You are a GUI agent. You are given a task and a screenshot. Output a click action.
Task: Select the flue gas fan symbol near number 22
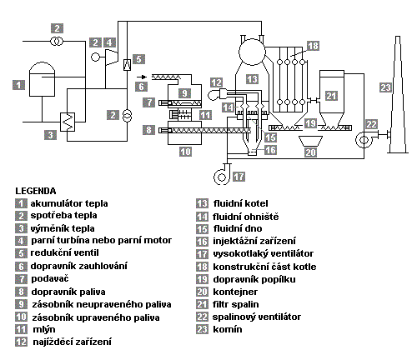(364, 139)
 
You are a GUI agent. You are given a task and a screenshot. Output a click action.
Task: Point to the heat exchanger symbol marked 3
(68, 122)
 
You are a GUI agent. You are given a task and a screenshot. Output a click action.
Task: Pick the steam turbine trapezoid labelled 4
(112, 57)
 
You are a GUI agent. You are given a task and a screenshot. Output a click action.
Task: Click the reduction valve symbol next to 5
(127, 65)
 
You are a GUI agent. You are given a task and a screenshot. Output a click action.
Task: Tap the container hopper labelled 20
(310, 141)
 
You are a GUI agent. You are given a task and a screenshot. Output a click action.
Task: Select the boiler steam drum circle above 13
(252, 52)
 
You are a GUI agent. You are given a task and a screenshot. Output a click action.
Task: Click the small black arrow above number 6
(142, 77)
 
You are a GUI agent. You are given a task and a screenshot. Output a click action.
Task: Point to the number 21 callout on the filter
(331, 96)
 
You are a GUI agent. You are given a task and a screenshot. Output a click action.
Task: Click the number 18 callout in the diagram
(313, 46)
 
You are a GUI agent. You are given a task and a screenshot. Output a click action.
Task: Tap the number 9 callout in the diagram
(184, 93)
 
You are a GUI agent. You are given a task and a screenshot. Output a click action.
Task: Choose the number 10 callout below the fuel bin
(185, 152)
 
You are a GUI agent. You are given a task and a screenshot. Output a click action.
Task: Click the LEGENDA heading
(36, 191)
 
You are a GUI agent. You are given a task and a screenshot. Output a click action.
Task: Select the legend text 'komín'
(228, 329)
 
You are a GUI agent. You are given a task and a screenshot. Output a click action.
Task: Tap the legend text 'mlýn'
(44, 330)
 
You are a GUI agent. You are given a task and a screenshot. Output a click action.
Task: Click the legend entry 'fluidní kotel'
(240, 203)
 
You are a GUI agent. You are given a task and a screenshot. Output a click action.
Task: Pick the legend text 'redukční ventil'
(64, 253)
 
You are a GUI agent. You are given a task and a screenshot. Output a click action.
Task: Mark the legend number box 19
(202, 279)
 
